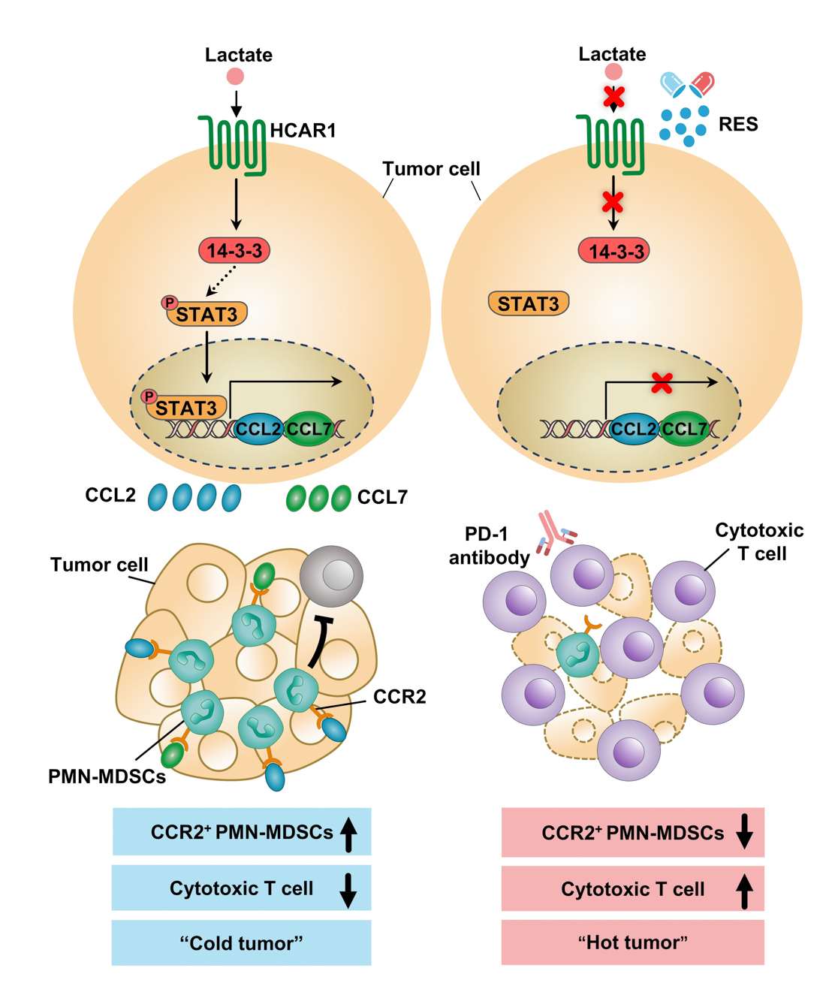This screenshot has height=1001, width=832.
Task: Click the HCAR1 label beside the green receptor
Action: [303, 131]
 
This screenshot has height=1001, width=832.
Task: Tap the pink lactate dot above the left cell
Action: [235, 77]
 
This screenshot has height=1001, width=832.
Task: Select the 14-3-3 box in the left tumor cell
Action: [234, 251]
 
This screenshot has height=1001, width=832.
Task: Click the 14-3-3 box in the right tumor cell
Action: [613, 252]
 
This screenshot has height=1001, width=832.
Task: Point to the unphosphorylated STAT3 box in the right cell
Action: [529, 303]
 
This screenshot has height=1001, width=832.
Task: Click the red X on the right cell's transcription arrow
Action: [662, 383]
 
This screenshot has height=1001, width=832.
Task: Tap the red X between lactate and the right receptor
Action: [614, 97]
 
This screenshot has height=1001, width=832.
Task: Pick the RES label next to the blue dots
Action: [737, 125]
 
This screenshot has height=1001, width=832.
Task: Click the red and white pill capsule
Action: [702, 83]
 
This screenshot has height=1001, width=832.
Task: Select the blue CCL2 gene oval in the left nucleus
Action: [258, 429]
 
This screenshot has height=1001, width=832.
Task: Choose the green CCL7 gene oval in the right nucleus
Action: [684, 429]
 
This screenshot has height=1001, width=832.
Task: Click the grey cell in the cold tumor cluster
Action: [331, 576]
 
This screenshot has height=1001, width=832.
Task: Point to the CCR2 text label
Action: [399, 697]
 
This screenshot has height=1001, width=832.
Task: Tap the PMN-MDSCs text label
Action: [107, 776]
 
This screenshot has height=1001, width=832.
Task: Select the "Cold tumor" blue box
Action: [241, 943]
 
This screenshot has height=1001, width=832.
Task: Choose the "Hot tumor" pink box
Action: [632, 942]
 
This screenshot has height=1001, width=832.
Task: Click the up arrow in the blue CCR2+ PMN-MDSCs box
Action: [348, 834]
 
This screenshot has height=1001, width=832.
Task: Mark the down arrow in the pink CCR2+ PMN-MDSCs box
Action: [744, 831]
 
